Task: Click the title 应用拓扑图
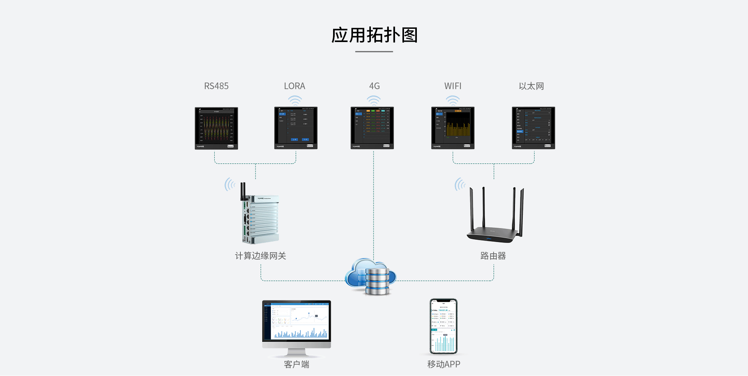coord(374,35)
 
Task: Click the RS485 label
coord(216,86)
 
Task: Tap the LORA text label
coord(295,86)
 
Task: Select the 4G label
coord(374,86)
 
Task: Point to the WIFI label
coord(453,86)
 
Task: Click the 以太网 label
coord(531,86)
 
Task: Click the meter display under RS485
coord(216,128)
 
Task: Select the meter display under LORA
coord(296,128)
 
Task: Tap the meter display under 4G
coord(372,128)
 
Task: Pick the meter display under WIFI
coord(453,128)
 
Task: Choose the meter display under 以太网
coord(533,128)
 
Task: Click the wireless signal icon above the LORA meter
coord(295,101)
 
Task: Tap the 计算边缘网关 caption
coord(260,256)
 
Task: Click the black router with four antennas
coord(495,222)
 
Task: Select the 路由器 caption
coord(493,256)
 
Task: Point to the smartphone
coord(443,326)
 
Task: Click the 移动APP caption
coord(443,364)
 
